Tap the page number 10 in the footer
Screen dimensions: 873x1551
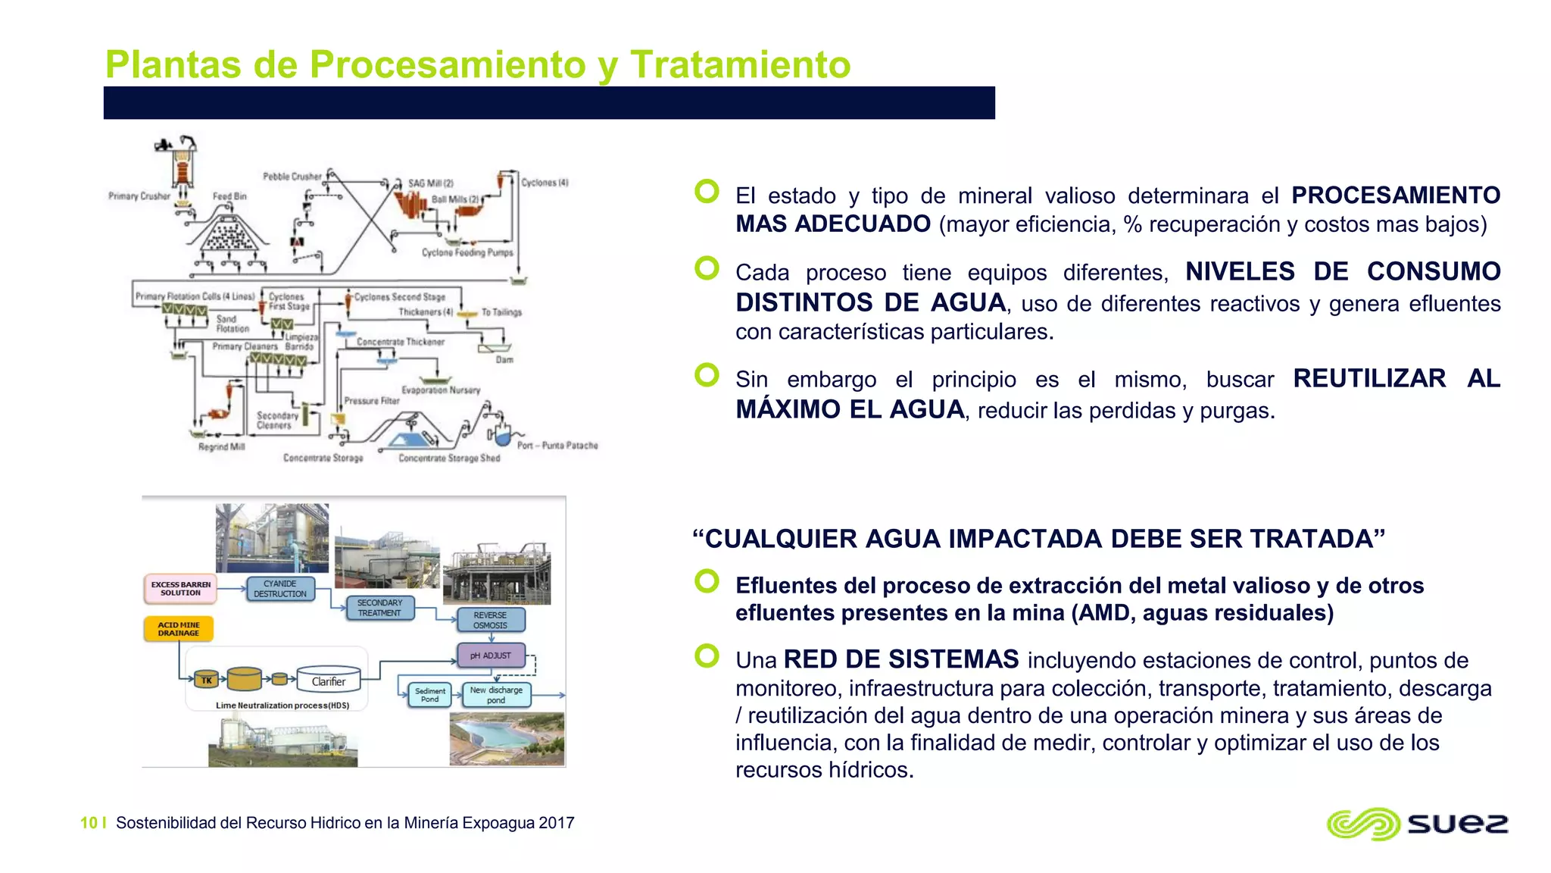(x=89, y=823)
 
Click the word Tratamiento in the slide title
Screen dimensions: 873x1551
(x=740, y=64)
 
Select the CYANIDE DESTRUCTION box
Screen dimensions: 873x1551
(x=279, y=589)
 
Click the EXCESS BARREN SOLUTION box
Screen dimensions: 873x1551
(x=180, y=589)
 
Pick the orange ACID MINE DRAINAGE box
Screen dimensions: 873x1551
(x=179, y=629)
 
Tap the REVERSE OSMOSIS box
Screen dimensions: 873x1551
(x=490, y=620)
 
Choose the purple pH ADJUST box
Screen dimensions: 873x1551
(x=491, y=656)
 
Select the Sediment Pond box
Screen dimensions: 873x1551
(x=430, y=695)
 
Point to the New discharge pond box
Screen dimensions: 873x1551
(x=496, y=695)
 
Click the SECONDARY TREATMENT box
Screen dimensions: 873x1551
(x=379, y=608)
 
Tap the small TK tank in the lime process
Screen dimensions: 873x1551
(x=206, y=680)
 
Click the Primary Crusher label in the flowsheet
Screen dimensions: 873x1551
(x=139, y=196)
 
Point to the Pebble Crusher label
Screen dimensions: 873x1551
(x=292, y=177)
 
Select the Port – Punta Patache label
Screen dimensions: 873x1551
(x=557, y=446)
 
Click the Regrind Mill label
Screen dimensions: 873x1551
(x=221, y=447)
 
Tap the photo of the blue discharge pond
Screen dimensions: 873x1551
(x=507, y=739)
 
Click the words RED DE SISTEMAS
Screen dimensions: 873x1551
(x=901, y=659)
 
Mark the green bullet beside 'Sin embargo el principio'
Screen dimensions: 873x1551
(x=707, y=375)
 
